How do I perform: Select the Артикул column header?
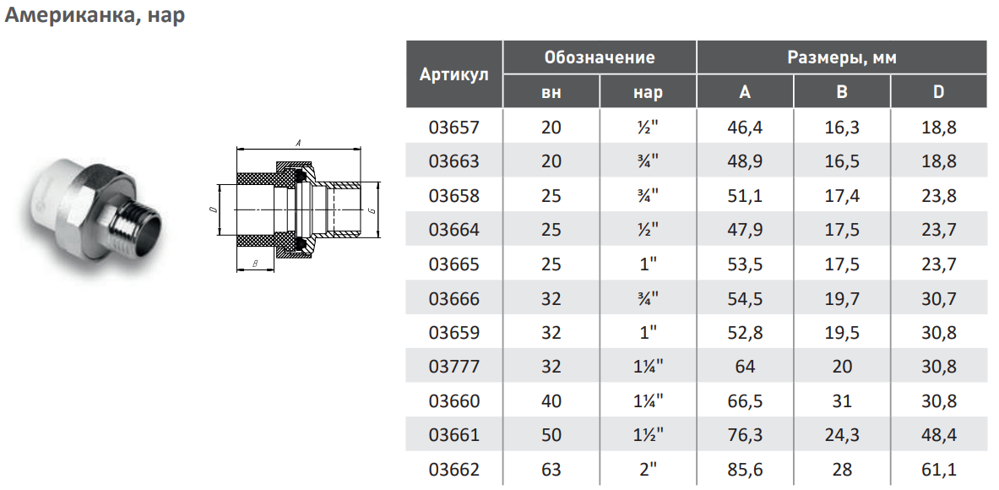(454, 73)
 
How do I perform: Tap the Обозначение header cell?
(600, 57)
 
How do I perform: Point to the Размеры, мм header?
(842, 58)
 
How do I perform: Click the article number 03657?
(454, 128)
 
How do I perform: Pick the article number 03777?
(454, 367)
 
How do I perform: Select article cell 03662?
(454, 471)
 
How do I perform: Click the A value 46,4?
(745, 128)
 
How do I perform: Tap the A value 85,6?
(745, 471)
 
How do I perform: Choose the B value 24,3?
(842, 436)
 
